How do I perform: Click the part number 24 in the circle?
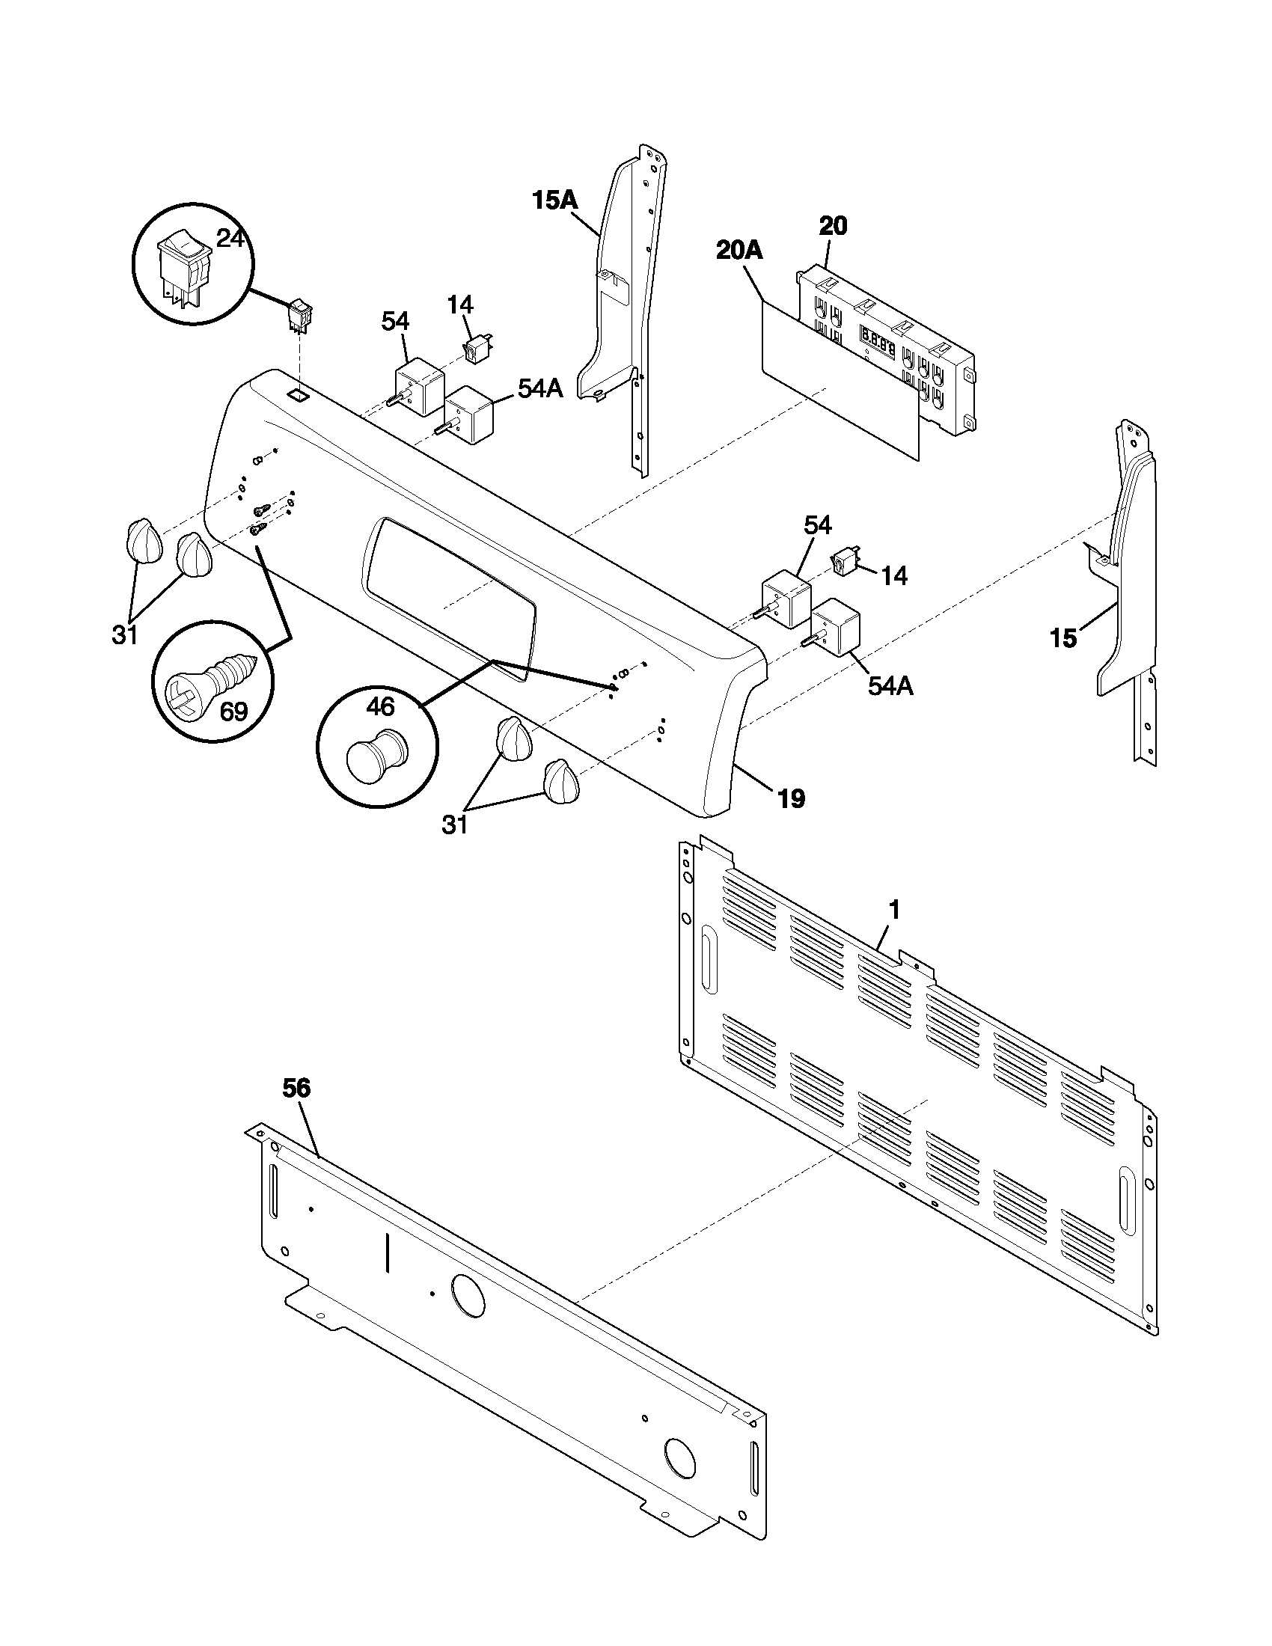tap(230, 239)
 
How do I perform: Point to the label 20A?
tap(739, 251)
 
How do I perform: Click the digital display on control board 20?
tap(878, 343)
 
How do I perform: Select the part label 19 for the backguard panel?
tap(791, 798)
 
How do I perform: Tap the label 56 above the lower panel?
tap(296, 1088)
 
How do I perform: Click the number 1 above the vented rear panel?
tap(893, 910)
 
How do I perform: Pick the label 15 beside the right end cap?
tap(1063, 639)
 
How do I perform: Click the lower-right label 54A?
tap(890, 687)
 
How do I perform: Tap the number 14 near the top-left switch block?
tap(459, 305)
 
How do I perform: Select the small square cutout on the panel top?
tap(299, 394)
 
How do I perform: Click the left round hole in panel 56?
tap(467, 1297)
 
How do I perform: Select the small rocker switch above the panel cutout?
tap(302, 316)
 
